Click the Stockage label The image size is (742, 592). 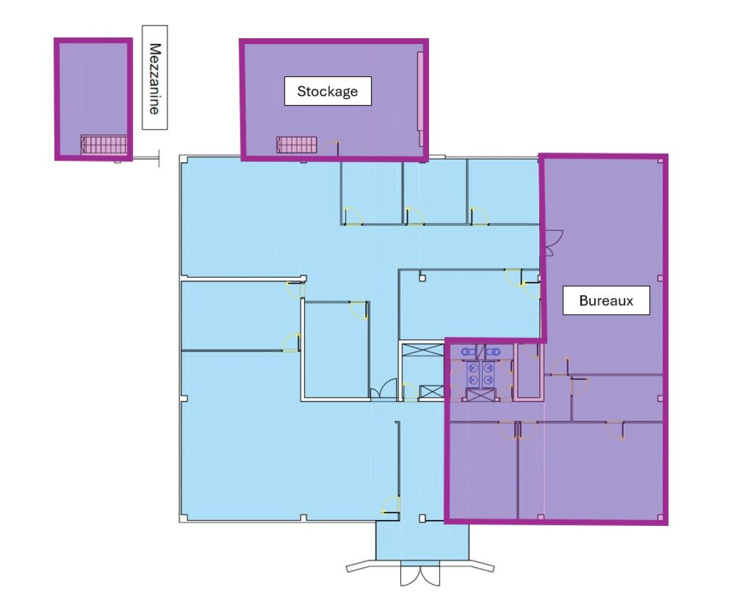coord(328,91)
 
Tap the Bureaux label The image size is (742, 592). coord(606,300)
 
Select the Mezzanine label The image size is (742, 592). coord(155,77)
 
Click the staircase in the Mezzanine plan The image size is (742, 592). coord(104,144)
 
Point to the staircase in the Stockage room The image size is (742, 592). coord(296,144)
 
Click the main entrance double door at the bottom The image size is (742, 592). coord(420,575)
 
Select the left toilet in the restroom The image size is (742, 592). coord(468,351)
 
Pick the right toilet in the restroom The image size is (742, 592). coord(493,351)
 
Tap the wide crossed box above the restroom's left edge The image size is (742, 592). coord(423,350)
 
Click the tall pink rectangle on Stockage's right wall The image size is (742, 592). coord(420,99)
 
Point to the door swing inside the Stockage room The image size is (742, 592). coord(332,148)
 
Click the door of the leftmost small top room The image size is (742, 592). coord(352,216)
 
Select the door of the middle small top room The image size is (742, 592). coord(414,216)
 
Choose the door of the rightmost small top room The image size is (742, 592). coord(479,216)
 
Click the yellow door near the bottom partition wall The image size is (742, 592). coord(391,506)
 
